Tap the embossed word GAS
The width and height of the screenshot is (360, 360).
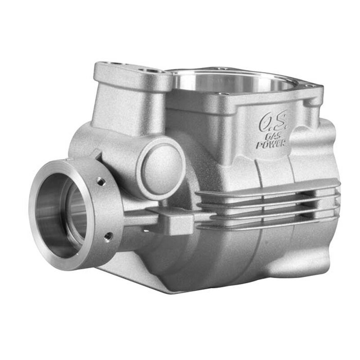pyautogui.click(x=271, y=136)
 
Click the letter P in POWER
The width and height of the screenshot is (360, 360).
pyautogui.click(x=259, y=146)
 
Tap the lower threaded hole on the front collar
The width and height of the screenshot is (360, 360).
pyautogui.click(x=108, y=235)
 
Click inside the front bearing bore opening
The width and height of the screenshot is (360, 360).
pyautogui.click(x=63, y=211)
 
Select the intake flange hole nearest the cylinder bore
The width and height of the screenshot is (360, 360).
pyautogui.click(x=151, y=71)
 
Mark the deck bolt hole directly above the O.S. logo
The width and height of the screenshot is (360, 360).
pyautogui.click(x=222, y=93)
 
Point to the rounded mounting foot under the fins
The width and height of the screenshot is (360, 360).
pyautogui.click(x=315, y=261)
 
